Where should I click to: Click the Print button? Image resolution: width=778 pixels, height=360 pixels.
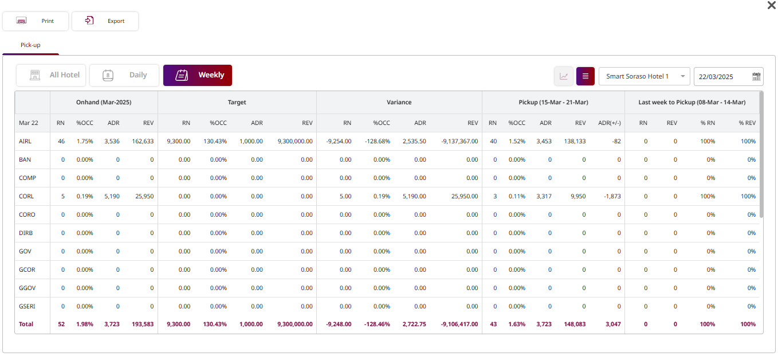[x=36, y=21]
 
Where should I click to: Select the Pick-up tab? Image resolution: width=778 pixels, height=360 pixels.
[x=30, y=45]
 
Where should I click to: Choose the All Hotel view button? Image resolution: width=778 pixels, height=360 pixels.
[x=52, y=75]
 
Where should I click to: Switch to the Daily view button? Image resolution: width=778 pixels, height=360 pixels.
[x=124, y=75]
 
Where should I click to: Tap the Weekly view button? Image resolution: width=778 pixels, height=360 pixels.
[x=198, y=75]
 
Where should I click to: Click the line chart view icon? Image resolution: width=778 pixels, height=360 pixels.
[x=564, y=76]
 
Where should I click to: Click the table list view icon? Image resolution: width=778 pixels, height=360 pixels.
[x=586, y=76]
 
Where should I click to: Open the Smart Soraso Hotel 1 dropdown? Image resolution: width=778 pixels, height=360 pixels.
[x=644, y=76]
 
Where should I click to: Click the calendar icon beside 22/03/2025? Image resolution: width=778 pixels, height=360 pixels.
[x=756, y=76]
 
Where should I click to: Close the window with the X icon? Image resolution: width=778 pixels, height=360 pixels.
[x=771, y=5]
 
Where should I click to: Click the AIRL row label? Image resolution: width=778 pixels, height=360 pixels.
[x=26, y=141]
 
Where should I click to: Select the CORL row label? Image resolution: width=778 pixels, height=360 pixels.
[x=26, y=196]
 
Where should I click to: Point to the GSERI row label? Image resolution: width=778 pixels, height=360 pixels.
[x=27, y=306]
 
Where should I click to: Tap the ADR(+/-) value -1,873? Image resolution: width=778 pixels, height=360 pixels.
[x=612, y=196]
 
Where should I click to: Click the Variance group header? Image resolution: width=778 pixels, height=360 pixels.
[x=399, y=102]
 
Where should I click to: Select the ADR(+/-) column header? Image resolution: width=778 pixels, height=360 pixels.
[x=609, y=123]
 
